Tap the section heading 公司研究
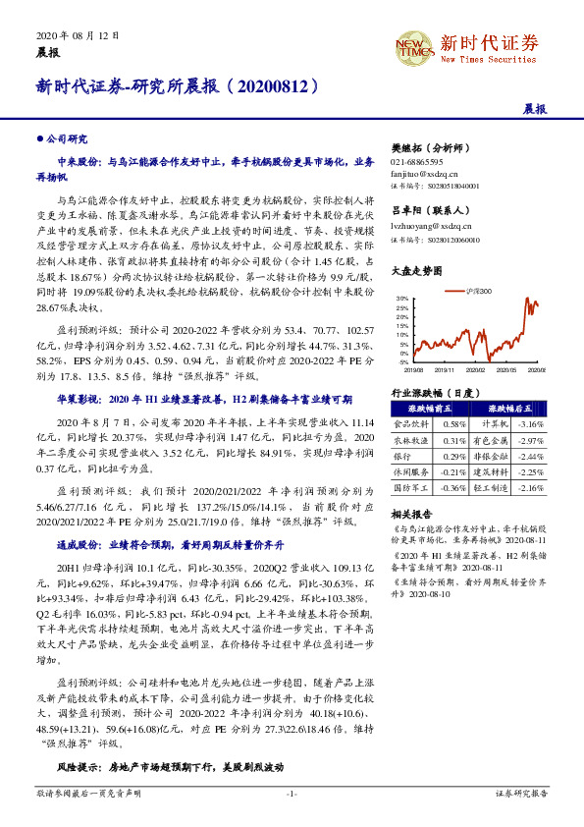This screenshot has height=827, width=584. pyautogui.click(x=67, y=139)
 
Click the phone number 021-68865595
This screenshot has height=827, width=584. pyautogui.click(x=416, y=161)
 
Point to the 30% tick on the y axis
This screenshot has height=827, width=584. pyautogui.click(x=403, y=298)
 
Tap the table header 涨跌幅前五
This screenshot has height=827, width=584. pyautogui.click(x=423, y=409)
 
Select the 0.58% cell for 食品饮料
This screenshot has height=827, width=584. pyautogui.click(x=453, y=423)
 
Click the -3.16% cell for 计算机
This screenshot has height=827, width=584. pyautogui.click(x=530, y=423)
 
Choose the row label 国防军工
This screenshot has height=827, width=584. pyautogui.click(x=408, y=487)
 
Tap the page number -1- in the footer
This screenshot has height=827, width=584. pyautogui.click(x=292, y=792)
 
